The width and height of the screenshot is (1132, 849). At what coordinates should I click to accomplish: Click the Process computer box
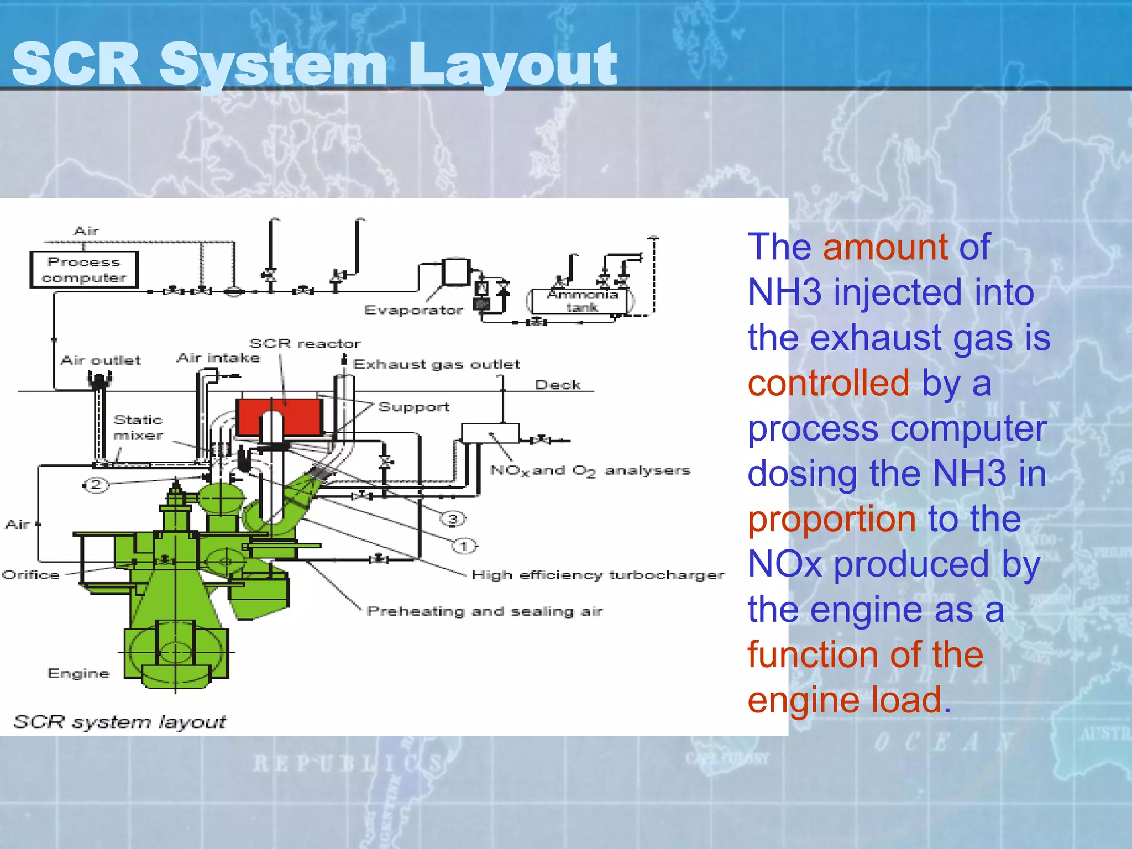click(84, 270)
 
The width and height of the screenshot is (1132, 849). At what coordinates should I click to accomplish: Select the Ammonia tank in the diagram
click(582, 301)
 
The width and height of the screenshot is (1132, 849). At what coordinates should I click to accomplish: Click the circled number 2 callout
click(96, 485)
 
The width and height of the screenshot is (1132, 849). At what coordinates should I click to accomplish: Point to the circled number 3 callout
click(453, 518)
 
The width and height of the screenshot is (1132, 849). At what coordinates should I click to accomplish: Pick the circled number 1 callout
click(464, 546)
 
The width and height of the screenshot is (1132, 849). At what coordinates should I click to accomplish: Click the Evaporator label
click(413, 310)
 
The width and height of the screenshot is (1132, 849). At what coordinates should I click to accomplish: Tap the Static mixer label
click(138, 427)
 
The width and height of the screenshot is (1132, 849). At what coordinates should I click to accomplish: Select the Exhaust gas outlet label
click(437, 364)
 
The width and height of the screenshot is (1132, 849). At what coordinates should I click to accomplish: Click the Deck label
click(558, 385)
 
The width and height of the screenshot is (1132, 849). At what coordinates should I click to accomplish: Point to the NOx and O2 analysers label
click(590, 471)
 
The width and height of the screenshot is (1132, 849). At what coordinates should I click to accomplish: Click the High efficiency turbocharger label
click(598, 575)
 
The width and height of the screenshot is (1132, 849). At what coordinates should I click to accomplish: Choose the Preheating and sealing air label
click(485, 611)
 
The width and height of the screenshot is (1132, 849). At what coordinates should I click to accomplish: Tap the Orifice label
click(31, 575)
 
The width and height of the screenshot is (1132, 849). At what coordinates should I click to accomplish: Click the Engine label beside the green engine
click(78, 673)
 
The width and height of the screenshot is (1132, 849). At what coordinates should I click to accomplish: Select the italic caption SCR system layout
click(119, 721)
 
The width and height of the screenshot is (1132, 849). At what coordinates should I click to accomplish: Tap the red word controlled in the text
click(828, 382)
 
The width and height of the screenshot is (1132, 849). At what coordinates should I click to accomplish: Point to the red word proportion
click(831, 519)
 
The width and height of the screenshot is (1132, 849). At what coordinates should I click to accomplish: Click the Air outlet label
click(101, 360)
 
